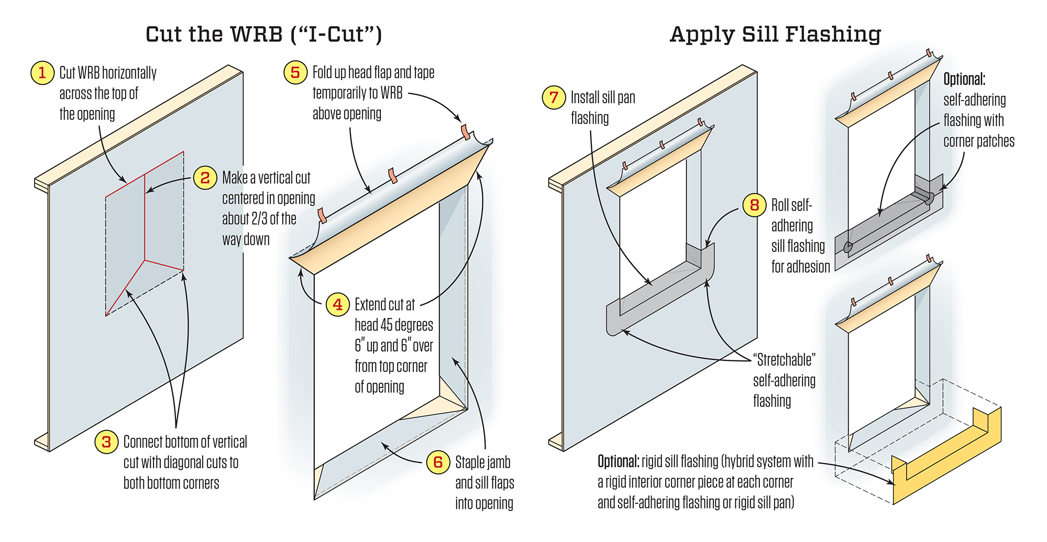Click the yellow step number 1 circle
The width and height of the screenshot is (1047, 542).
[42, 73]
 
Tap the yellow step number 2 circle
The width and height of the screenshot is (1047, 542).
[205, 178]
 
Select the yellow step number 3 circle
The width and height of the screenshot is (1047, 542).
[106, 442]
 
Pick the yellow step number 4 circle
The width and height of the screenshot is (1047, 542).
[338, 305]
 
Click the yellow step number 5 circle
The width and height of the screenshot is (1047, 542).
[295, 73]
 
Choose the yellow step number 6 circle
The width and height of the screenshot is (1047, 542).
[438, 462]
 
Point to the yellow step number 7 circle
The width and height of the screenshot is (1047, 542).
[554, 98]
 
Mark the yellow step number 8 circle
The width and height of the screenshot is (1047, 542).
[754, 205]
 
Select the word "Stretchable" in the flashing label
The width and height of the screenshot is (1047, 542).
[784, 360]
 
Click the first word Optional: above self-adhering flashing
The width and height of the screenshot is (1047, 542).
[964, 80]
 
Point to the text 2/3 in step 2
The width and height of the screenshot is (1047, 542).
[259, 219]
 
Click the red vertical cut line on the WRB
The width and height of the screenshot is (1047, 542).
[145, 220]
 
